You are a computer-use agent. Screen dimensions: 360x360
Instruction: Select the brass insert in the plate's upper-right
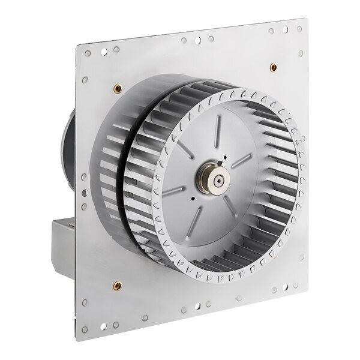click(274, 67)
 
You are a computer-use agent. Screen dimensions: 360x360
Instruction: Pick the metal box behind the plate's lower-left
click(63, 240)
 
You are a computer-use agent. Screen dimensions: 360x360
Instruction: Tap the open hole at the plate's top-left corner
click(88, 53)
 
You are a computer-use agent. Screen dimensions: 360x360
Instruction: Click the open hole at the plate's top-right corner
click(299, 28)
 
